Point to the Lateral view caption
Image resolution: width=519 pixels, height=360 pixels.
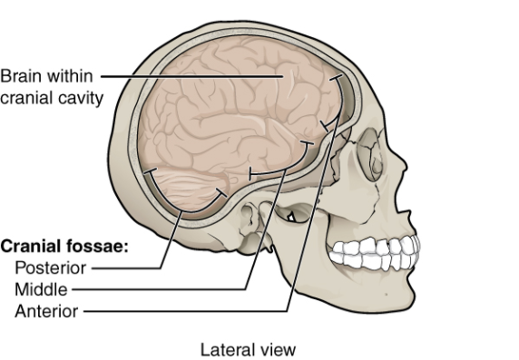[x=248, y=348]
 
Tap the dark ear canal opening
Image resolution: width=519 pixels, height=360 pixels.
[x=292, y=215]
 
